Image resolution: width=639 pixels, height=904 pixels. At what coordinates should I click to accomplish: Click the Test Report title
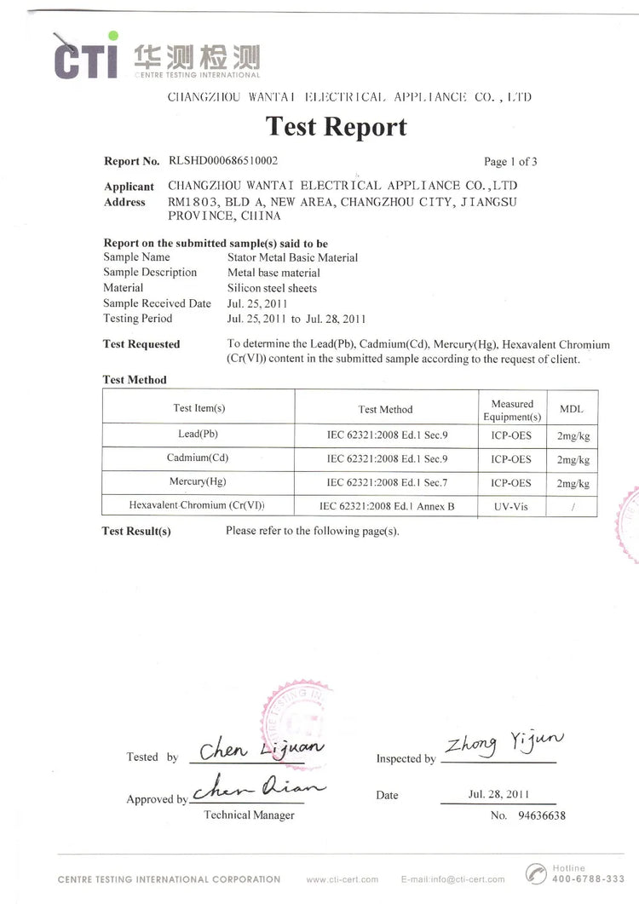pos(337,126)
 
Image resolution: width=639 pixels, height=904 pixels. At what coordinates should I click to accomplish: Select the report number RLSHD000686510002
pos(223,160)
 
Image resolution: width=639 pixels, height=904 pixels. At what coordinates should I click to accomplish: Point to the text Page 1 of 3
pos(510,161)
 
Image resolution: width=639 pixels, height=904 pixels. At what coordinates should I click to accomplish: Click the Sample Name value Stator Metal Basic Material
pos(292,257)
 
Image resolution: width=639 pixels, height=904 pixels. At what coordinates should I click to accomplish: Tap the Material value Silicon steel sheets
pos(272,288)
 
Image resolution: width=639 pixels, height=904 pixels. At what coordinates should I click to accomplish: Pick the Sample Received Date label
pos(157,303)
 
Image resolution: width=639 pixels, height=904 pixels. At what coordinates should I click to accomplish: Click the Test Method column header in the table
pos(385,410)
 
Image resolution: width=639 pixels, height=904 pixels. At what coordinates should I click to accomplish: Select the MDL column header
pos(571,410)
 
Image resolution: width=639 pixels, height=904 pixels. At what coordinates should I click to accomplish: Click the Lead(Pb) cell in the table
pos(198,435)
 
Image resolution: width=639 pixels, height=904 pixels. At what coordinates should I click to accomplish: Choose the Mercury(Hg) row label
pos(198,482)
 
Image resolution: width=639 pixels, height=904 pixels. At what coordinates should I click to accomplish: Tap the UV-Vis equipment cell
pos(511,506)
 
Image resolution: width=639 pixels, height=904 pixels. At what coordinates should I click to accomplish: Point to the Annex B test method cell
pos(387,506)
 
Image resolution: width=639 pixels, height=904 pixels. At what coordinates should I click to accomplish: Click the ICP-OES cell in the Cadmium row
pos(511,458)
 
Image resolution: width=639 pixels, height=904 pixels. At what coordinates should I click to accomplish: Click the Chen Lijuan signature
pos(261,751)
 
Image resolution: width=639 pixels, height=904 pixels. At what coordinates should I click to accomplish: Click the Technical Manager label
pos(249,815)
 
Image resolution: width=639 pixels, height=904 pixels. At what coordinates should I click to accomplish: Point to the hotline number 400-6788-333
pos(588,878)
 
